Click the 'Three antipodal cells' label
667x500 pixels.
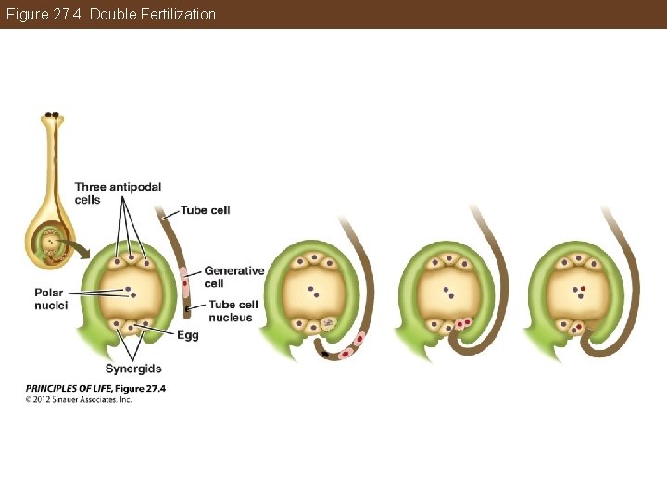coord(118,193)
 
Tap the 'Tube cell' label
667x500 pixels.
coord(206,210)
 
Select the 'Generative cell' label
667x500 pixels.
coord(233,277)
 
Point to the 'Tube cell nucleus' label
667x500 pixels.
coord(233,311)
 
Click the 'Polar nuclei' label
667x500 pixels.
coord(51,298)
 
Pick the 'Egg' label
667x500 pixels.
coord(187,335)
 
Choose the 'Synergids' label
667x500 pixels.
coord(133,369)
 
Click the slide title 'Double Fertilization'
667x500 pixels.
coord(153,14)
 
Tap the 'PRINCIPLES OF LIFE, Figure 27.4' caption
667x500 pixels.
coord(95,388)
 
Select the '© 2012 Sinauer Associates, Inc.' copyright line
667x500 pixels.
coord(79,399)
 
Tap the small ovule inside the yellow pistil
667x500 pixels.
coord(47,243)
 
